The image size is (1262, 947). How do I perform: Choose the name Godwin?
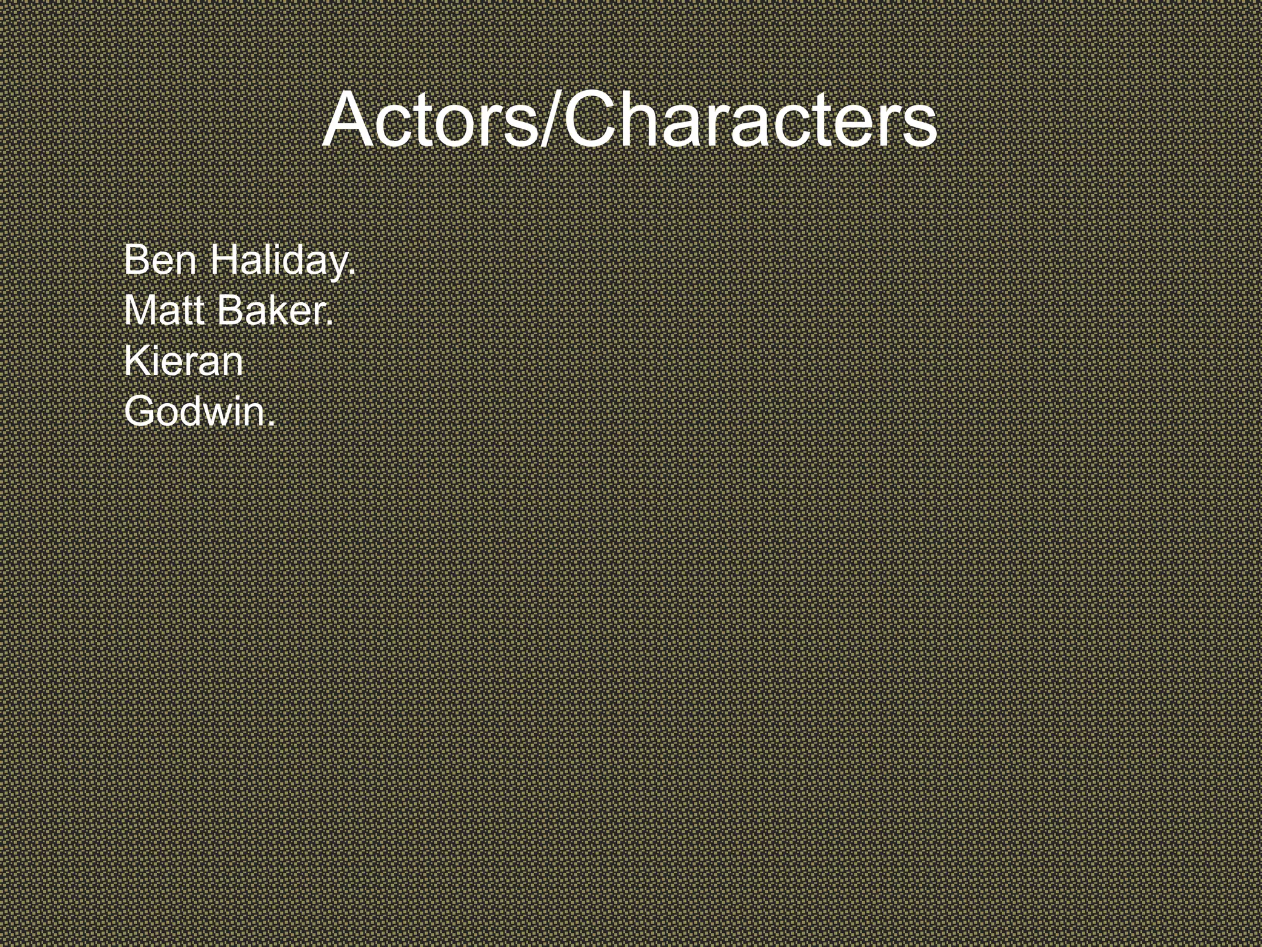pos(198,411)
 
